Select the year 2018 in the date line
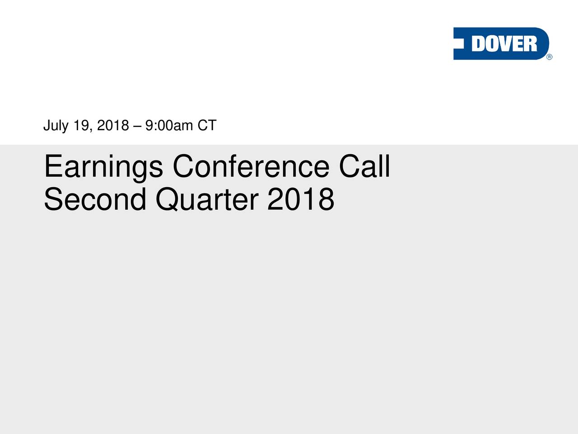coord(113,125)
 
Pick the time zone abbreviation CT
coord(207,125)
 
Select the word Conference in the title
coord(251,166)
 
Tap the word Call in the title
coord(364,166)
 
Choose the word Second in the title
coord(95,199)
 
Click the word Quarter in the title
coord(207,199)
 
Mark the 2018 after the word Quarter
coord(301,199)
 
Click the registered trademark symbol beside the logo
coord(549,57)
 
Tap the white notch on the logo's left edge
coord(458,43)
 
